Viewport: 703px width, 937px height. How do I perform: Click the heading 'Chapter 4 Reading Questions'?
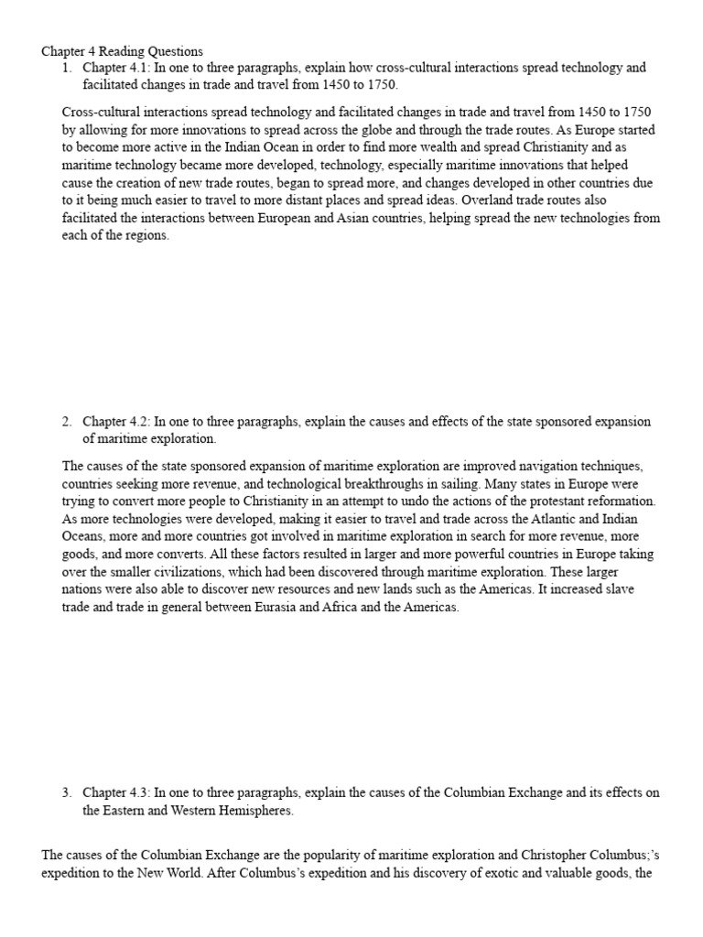(x=122, y=50)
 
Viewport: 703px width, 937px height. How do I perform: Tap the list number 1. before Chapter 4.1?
(x=67, y=68)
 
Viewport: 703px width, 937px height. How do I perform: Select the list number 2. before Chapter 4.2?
(x=67, y=422)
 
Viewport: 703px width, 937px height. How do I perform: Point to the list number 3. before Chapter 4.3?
(x=67, y=792)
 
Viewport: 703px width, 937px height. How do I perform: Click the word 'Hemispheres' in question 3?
(x=257, y=810)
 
